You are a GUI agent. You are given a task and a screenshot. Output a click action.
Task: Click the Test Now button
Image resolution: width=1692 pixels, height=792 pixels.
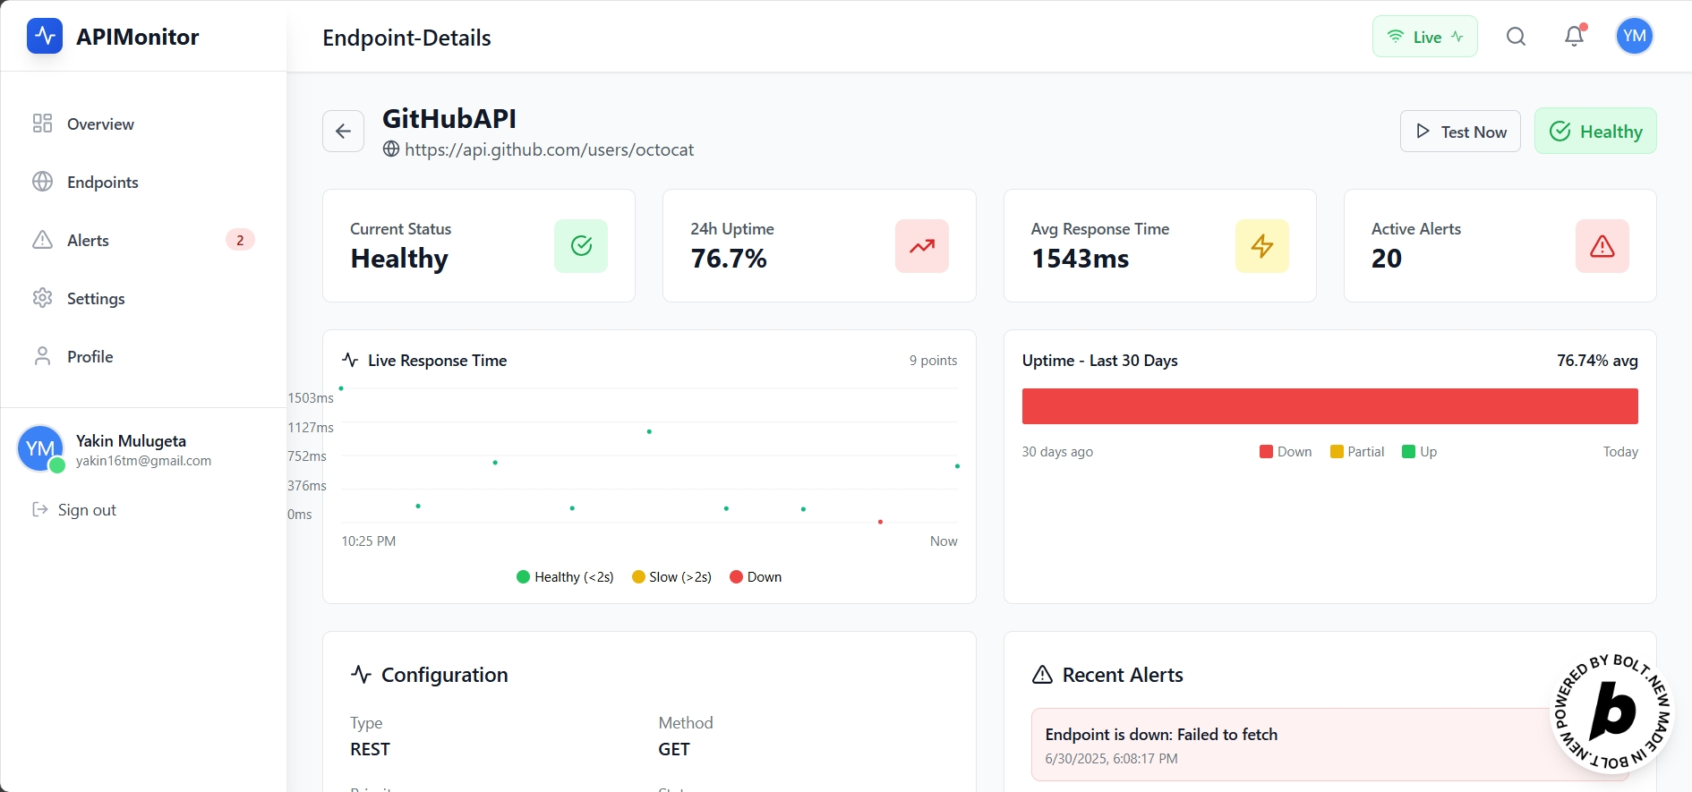click(1460, 132)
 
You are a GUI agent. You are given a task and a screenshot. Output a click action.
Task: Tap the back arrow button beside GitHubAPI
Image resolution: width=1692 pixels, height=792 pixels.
click(343, 132)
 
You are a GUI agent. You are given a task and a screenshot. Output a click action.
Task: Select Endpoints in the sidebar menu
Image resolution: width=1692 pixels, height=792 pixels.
click(102, 182)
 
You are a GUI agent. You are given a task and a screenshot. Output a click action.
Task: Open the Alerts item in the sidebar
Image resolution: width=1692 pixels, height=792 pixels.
click(88, 240)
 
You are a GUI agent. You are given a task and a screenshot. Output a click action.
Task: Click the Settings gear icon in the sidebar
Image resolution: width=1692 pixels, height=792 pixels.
click(42, 298)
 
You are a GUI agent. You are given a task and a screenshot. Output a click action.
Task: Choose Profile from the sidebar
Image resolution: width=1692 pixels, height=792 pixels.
click(90, 356)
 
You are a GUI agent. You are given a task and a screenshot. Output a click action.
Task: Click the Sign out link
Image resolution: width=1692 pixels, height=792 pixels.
click(86, 510)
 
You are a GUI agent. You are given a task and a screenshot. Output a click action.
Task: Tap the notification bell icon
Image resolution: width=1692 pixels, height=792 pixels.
click(1574, 36)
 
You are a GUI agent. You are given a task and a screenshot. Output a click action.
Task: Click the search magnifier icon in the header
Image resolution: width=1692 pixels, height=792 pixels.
click(1516, 36)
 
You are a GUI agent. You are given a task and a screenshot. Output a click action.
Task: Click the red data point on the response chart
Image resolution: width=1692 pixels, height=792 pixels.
click(881, 522)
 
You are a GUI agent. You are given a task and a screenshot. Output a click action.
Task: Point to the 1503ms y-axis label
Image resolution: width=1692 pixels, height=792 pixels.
click(310, 397)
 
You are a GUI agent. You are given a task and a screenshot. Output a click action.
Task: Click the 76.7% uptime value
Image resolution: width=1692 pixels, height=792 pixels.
click(729, 259)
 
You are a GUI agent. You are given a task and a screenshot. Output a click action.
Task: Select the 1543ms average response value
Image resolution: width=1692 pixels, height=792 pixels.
click(1081, 259)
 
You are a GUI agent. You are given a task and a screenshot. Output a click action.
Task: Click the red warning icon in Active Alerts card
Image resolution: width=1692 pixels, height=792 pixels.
click(1602, 246)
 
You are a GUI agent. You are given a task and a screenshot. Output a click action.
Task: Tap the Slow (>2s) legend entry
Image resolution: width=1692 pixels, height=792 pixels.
click(672, 577)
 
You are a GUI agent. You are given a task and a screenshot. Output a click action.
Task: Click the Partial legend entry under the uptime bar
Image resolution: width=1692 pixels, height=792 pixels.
click(1357, 452)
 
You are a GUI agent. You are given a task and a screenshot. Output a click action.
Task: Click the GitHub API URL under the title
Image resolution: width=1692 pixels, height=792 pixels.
click(549, 149)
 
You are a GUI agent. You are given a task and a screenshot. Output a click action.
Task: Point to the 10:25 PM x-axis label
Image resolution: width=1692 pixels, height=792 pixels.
click(369, 541)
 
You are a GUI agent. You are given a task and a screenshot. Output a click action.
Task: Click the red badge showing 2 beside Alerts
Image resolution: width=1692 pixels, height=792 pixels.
click(240, 240)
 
